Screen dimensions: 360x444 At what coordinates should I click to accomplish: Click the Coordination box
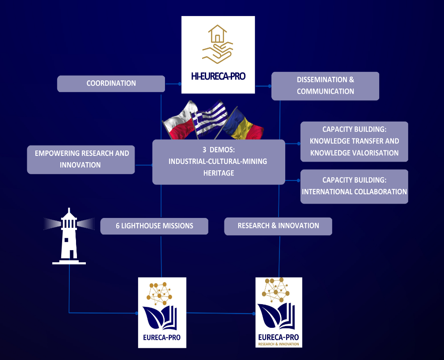coord(111,84)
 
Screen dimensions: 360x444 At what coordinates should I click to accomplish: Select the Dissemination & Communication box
coord(325,86)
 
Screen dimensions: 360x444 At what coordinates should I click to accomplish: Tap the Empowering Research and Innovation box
coord(80,159)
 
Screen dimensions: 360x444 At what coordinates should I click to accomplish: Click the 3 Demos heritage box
coord(218,162)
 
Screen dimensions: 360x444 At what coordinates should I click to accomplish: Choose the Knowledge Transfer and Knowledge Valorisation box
coord(354,141)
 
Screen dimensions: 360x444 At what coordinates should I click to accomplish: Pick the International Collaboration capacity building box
coord(354,186)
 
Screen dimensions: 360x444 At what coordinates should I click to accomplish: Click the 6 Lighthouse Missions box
coord(154,226)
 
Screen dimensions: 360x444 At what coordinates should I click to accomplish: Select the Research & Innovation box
coord(278,226)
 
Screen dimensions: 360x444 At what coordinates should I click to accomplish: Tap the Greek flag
coord(210,117)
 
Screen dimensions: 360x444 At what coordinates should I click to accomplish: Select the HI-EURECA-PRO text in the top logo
coord(218,76)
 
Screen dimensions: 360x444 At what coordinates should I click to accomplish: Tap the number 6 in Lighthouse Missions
coord(118,226)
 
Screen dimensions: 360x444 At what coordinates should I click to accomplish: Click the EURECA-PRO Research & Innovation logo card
coord(279,312)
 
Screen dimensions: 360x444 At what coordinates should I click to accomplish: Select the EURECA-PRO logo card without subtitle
coord(162,312)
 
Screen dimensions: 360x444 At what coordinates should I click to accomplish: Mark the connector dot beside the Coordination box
coord(180,84)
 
